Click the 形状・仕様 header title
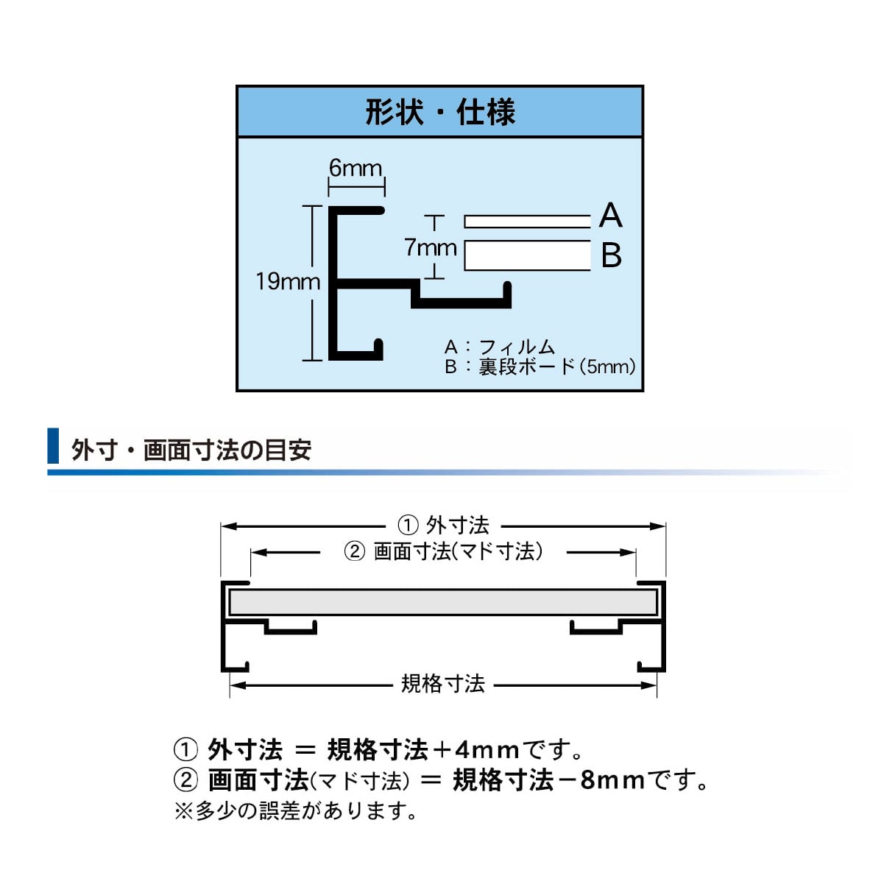click(x=440, y=112)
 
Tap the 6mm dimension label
click(x=356, y=168)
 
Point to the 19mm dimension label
click(x=288, y=281)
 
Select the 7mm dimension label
click(x=431, y=248)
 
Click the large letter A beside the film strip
click(x=611, y=215)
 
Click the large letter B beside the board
click(x=612, y=255)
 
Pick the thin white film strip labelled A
click(x=527, y=222)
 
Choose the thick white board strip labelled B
click(x=527, y=255)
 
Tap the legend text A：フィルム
click(x=500, y=347)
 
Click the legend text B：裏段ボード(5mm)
click(x=540, y=367)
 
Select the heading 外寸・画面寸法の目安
click(x=191, y=450)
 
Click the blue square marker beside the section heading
click(x=53, y=445)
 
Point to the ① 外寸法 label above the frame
click(x=443, y=526)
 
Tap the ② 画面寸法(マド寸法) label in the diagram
click(x=443, y=551)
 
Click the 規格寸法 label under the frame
click(x=443, y=684)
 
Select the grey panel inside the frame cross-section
click(x=443, y=602)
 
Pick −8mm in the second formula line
click(x=601, y=780)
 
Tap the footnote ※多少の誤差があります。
click(x=297, y=810)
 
